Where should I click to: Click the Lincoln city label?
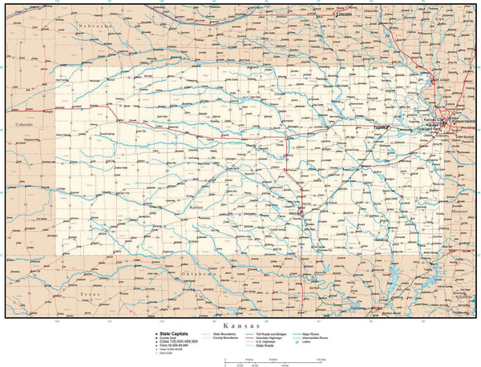click(x=345, y=14)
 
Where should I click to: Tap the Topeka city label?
click(x=380, y=127)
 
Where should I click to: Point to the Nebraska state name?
click(x=95, y=26)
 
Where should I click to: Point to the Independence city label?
click(x=462, y=121)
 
